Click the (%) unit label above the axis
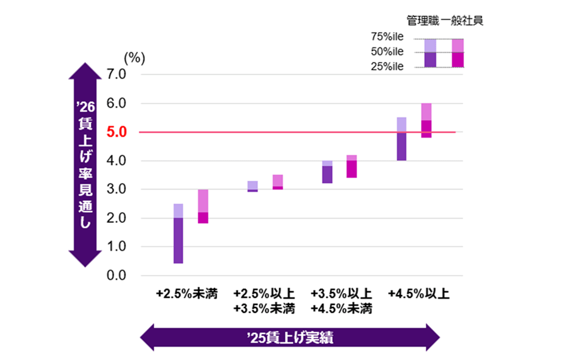pos(134,58)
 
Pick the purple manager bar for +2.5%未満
pos(178,234)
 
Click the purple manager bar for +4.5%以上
pos(401,139)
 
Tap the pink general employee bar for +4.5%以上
pos(426,120)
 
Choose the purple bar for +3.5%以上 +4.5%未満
pos(327,172)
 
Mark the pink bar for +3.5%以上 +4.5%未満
pos(352,166)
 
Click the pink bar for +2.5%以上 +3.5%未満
pos(278,182)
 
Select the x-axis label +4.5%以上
pos(418,295)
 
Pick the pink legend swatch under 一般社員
pos(458,52)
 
